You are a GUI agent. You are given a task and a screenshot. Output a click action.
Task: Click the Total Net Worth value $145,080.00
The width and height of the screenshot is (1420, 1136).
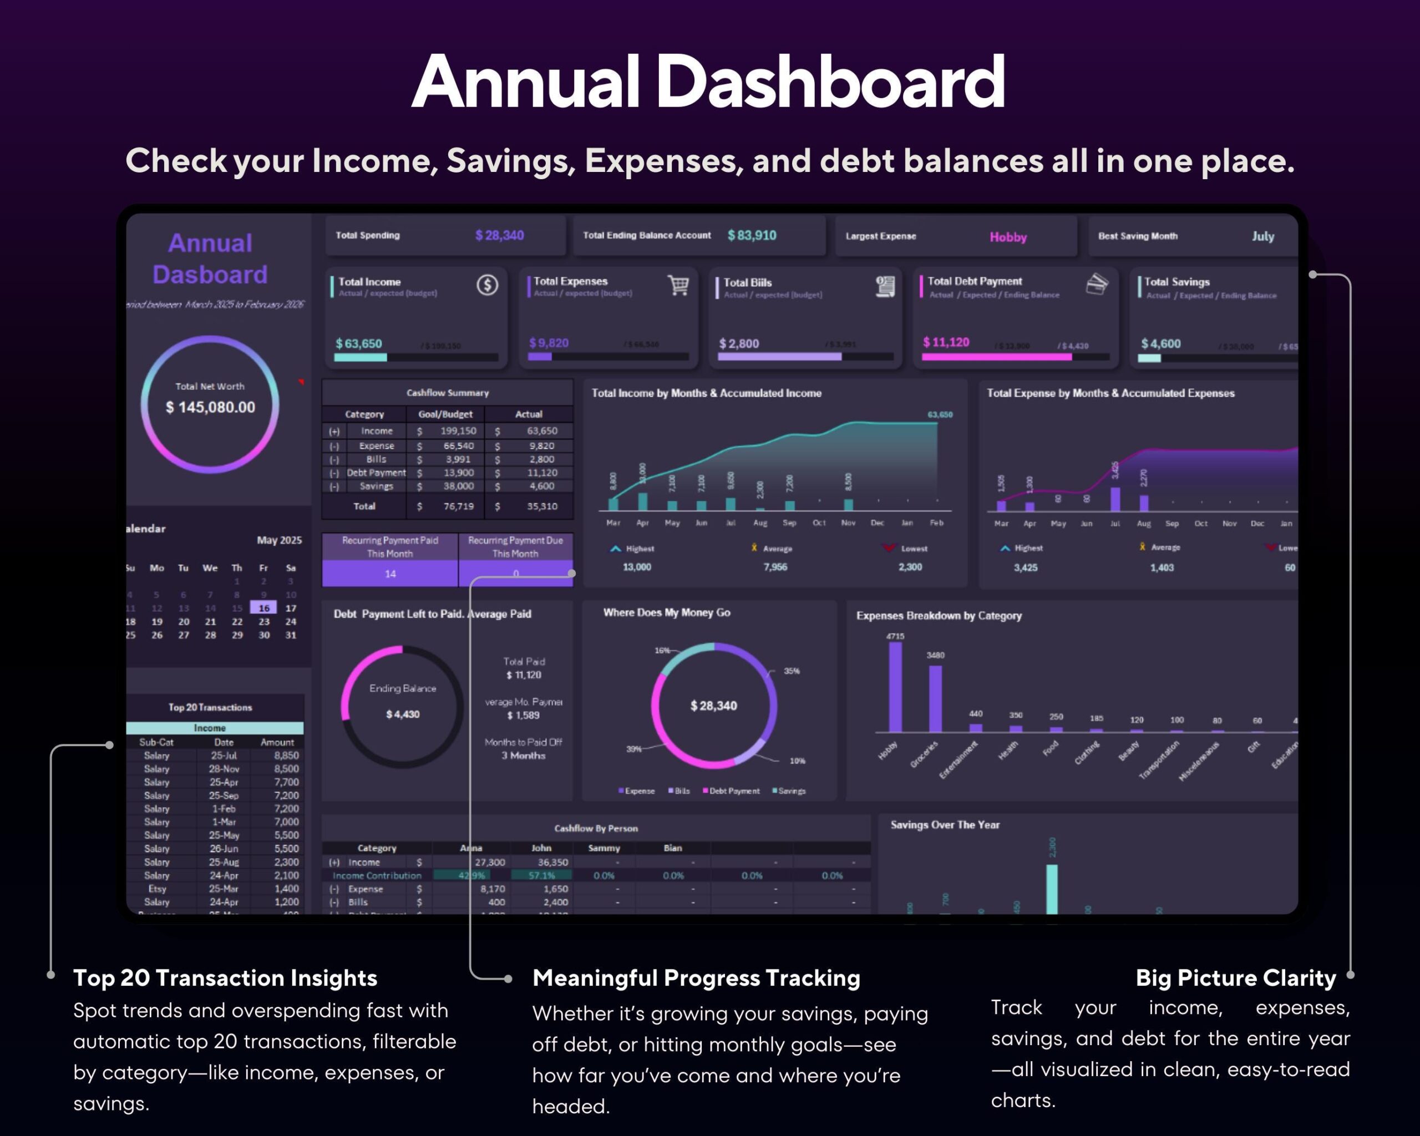tap(210, 407)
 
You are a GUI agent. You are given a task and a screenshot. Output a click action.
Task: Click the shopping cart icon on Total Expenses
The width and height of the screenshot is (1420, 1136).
tap(678, 285)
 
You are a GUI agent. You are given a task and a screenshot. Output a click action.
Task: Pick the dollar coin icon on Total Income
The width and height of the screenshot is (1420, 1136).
tap(488, 285)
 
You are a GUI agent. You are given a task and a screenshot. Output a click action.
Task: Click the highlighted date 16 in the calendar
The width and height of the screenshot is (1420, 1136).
tap(264, 608)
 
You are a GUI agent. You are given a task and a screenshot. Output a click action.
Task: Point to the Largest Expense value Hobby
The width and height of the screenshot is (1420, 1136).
tap(1008, 237)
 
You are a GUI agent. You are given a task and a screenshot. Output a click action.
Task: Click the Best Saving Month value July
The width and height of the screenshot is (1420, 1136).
tap(1262, 236)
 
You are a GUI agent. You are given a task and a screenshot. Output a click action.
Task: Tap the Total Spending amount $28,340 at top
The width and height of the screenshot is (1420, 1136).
tap(499, 235)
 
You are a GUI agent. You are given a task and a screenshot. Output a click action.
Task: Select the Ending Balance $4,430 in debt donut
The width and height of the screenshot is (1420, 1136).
tap(402, 714)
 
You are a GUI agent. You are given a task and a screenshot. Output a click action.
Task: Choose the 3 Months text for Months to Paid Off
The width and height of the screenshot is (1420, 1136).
tap(523, 755)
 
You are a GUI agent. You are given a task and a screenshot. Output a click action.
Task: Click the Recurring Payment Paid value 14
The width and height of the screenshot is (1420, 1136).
tap(390, 574)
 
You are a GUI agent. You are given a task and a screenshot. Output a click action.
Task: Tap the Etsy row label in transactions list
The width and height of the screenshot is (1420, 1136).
tap(157, 889)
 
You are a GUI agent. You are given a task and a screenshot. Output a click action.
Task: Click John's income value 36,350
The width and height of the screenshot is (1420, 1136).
tap(552, 862)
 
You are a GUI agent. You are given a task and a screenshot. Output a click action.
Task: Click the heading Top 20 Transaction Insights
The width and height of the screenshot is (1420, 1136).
tap(225, 978)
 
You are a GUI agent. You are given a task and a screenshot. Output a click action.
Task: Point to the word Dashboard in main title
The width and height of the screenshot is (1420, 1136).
tap(830, 82)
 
